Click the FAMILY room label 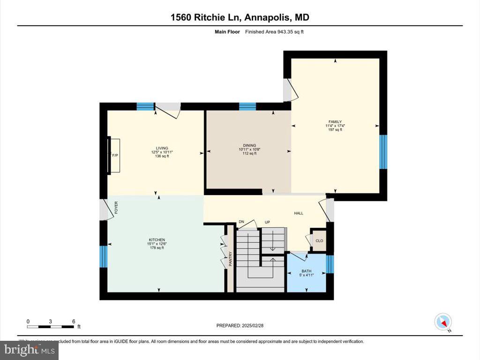(x=335, y=122)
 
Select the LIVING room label (x=162, y=148)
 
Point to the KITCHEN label (x=157, y=240)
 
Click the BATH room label (x=306, y=271)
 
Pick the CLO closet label (x=319, y=240)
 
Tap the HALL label (x=299, y=213)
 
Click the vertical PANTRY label (x=230, y=259)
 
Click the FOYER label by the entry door (x=116, y=207)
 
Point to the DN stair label (x=241, y=222)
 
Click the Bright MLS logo (x=29, y=350)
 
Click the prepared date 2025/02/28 (x=243, y=325)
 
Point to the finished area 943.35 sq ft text (x=277, y=32)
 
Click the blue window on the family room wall (x=383, y=152)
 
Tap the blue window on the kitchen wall (x=104, y=256)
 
